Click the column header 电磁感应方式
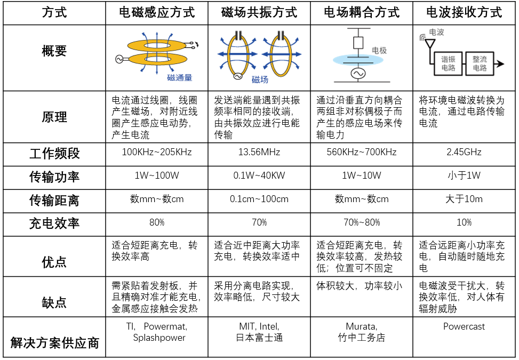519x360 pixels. [x=156, y=12]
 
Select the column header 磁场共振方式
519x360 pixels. [x=259, y=12]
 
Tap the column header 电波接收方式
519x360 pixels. [x=464, y=12]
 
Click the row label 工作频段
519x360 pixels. [x=54, y=154]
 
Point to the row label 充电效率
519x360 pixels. [x=54, y=223]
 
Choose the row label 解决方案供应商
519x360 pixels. [x=54, y=342]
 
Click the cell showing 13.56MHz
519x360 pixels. [x=259, y=153]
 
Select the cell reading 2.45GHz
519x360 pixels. [x=464, y=153]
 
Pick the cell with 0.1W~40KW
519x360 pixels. [x=259, y=176]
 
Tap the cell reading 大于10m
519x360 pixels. [x=464, y=199]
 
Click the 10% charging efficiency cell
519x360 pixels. [x=464, y=222]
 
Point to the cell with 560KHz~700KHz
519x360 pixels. [x=362, y=153]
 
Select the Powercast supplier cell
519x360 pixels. [x=464, y=326]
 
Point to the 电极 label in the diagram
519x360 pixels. [x=379, y=51]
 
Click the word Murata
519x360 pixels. [x=362, y=326]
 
